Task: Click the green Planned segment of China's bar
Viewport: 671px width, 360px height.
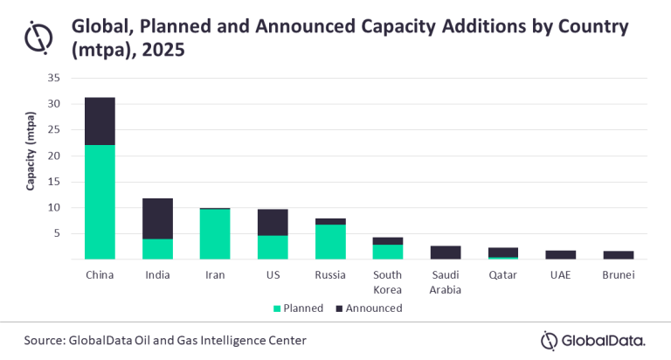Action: pyautogui.click(x=100, y=202)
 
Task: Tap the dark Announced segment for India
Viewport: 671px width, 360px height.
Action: pyautogui.click(x=157, y=218)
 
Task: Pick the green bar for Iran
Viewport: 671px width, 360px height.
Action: pyautogui.click(x=215, y=234)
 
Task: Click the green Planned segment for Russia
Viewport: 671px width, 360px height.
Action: pyautogui.click(x=329, y=242)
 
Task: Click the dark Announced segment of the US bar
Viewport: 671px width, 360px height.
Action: pyautogui.click(x=272, y=222)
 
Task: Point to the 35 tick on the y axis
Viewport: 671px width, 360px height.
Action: pyautogui.click(x=53, y=78)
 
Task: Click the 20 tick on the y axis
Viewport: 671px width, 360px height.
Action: pyautogui.click(x=53, y=156)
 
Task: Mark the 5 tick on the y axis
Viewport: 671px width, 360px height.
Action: pyautogui.click(x=56, y=233)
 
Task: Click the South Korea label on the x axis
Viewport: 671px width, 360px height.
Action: pyautogui.click(x=387, y=282)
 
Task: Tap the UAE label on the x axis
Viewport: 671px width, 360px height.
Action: pyautogui.click(x=559, y=275)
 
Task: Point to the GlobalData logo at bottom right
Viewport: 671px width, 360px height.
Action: pyautogui.click(x=593, y=339)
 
